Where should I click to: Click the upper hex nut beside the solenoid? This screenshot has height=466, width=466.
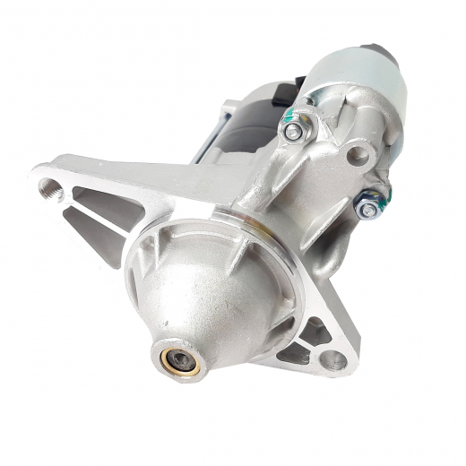click(x=293, y=131)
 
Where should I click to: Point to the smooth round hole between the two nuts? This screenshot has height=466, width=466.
click(x=358, y=155)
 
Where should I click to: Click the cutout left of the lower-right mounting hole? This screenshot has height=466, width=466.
click(x=294, y=354)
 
